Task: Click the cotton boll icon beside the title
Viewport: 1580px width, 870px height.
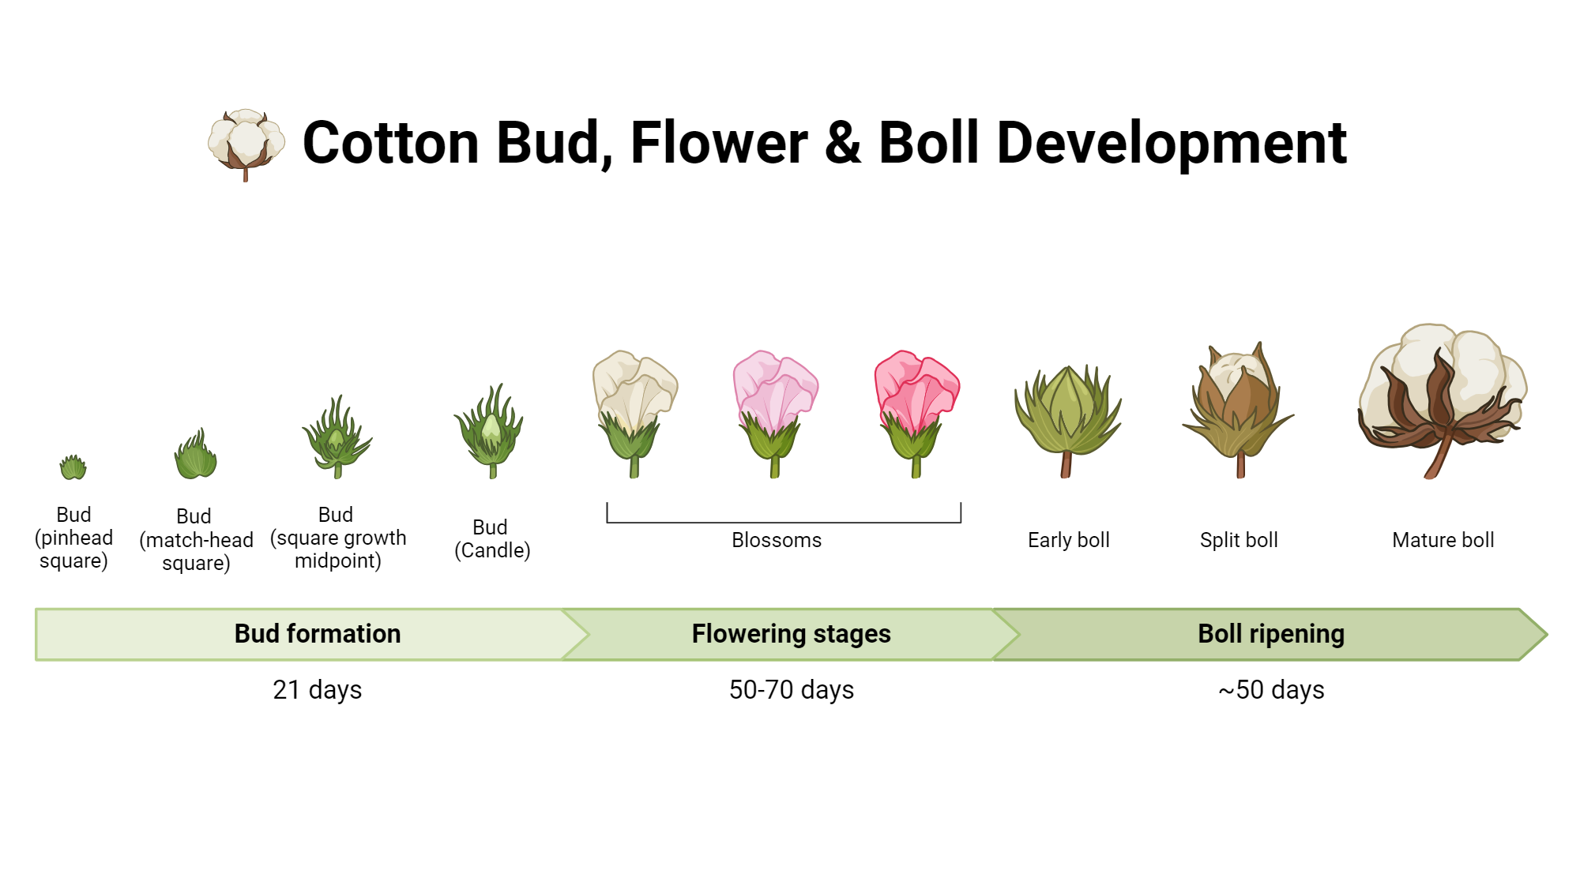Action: click(246, 144)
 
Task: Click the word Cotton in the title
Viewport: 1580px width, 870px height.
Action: click(390, 144)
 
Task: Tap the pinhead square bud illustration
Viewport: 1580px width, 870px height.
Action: click(73, 467)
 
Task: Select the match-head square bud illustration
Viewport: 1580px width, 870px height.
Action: click(195, 456)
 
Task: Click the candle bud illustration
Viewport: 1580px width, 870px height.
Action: click(490, 433)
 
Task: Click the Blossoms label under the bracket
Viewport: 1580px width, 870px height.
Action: click(777, 540)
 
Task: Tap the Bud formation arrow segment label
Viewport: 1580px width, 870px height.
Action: click(318, 634)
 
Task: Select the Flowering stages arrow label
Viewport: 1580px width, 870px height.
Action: click(791, 634)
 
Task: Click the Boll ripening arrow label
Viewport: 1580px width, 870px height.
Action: click(1271, 634)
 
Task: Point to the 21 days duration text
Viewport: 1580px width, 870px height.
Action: click(318, 690)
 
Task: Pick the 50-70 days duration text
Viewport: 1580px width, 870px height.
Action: click(792, 690)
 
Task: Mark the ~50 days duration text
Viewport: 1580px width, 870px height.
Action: click(1271, 690)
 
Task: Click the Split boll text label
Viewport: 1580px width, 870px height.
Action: click(1239, 540)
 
